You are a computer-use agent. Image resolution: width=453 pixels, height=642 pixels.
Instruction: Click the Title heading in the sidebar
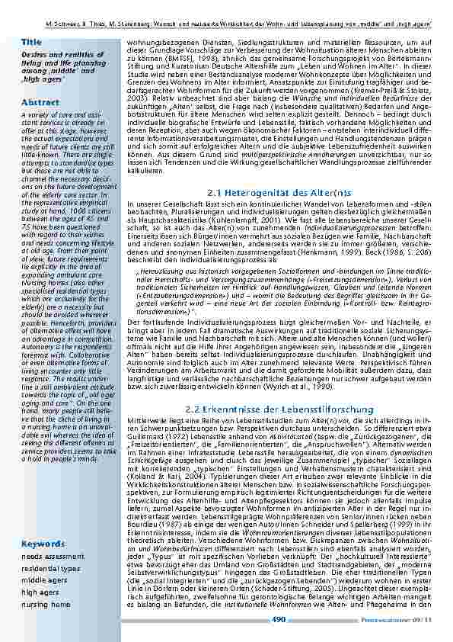(x=32, y=41)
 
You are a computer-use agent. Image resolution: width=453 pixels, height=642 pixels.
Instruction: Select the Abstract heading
(x=40, y=102)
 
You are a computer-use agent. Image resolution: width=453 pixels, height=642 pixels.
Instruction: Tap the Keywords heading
(x=43, y=544)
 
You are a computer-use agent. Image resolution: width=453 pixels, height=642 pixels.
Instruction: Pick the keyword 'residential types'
(x=50, y=568)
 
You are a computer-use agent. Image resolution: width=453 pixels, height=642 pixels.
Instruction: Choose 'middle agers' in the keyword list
(x=44, y=580)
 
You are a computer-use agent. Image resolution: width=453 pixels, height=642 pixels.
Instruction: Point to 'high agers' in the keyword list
(x=40, y=592)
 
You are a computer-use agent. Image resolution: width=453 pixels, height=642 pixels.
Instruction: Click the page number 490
(x=279, y=620)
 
